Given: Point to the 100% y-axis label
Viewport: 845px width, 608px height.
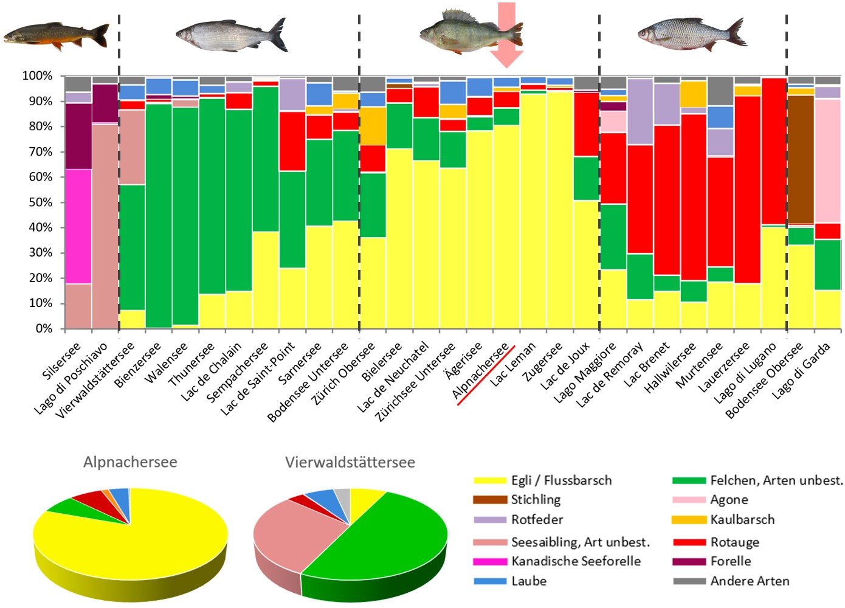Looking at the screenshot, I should [38, 76].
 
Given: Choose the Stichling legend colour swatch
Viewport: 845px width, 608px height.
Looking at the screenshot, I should [489, 500].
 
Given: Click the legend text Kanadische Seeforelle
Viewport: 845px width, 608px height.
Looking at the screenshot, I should [576, 561].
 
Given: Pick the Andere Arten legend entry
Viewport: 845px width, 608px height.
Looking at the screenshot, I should [750, 581].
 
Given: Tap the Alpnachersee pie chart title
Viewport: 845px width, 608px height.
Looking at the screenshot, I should [130, 462].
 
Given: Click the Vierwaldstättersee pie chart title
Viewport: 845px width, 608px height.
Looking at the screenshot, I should [350, 462].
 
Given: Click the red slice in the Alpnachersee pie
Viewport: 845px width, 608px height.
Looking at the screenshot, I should [88, 500].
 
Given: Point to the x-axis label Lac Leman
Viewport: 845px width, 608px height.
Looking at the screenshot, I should [514, 364].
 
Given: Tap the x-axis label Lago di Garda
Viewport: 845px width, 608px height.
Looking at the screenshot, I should [801, 371].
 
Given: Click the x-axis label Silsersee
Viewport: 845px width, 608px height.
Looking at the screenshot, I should [61, 362].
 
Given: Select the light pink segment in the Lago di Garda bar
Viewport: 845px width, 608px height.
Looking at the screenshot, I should [827, 161].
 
